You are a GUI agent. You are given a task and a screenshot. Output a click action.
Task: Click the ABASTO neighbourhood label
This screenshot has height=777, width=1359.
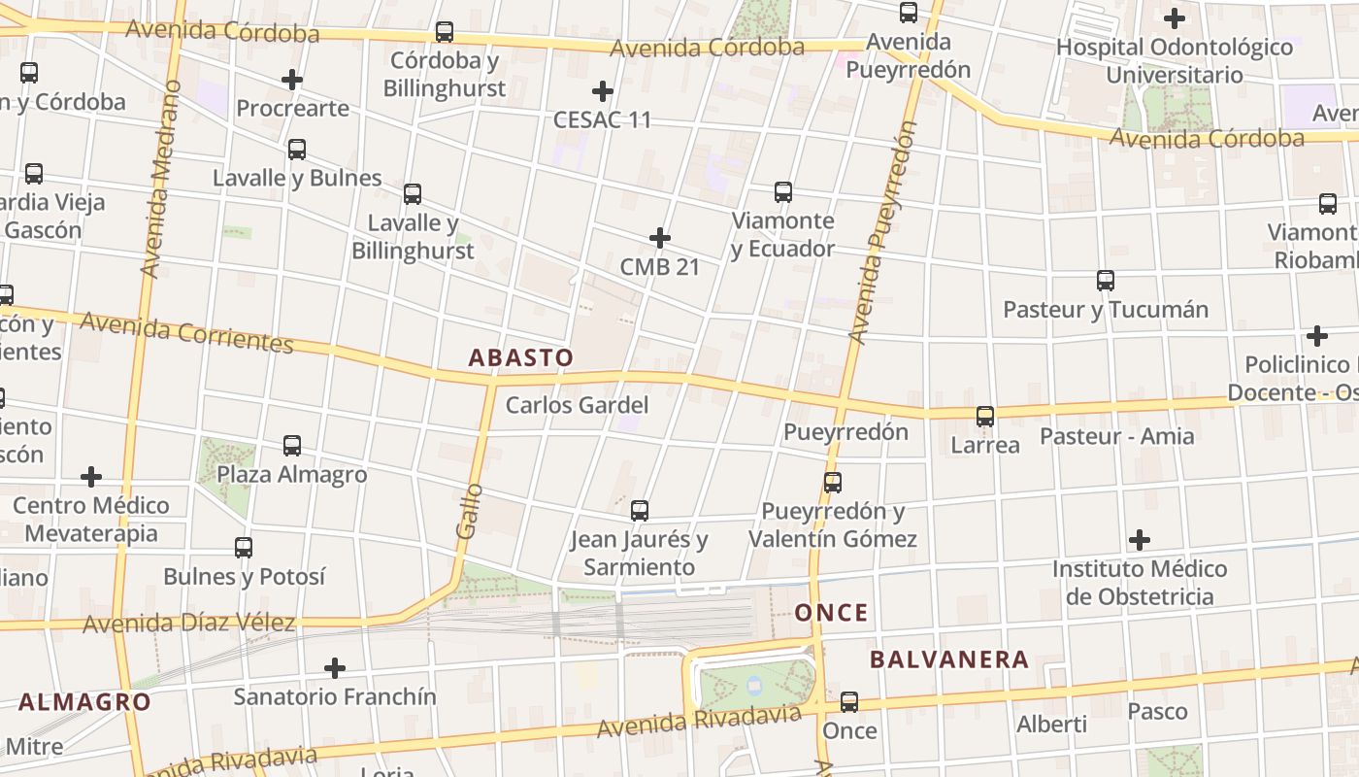pyautogui.click(x=521, y=357)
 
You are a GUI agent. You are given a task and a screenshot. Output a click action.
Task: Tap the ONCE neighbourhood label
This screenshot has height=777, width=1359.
pyautogui.click(x=832, y=613)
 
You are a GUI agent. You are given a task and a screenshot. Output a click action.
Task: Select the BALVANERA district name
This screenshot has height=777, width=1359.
pyautogui.click(x=948, y=660)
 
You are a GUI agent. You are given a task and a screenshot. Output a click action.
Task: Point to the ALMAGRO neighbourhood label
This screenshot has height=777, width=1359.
pyautogui.click(x=84, y=702)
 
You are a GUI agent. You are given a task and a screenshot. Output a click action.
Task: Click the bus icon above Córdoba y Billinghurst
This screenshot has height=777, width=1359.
pyautogui.click(x=445, y=32)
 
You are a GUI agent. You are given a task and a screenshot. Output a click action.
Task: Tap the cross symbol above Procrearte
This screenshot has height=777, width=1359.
pyautogui.click(x=292, y=80)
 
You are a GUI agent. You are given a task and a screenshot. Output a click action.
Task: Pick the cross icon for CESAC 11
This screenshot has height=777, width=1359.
pyautogui.click(x=603, y=92)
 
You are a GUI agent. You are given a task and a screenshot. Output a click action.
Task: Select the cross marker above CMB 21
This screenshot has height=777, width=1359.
pyautogui.click(x=660, y=238)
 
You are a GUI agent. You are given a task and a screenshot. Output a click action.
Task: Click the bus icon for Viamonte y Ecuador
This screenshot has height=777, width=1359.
pyautogui.click(x=783, y=192)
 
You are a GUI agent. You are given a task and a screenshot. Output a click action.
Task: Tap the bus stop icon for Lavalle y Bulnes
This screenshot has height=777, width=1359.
pyautogui.click(x=297, y=150)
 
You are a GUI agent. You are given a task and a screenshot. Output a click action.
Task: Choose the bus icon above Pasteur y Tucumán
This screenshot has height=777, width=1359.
pyautogui.click(x=1106, y=281)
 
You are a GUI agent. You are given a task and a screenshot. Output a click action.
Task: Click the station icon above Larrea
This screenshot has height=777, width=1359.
pyautogui.click(x=985, y=417)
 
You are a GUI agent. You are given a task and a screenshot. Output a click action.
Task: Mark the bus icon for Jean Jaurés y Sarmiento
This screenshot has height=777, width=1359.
pyautogui.click(x=640, y=511)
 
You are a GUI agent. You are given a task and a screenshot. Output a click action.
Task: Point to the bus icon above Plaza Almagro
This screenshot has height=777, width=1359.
pyautogui.click(x=292, y=446)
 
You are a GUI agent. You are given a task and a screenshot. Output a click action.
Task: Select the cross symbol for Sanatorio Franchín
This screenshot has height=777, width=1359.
pyautogui.click(x=335, y=668)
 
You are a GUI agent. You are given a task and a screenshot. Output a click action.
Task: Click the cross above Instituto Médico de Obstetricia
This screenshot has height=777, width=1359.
pyautogui.click(x=1140, y=540)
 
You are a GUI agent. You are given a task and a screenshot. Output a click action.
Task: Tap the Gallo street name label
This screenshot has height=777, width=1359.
pyautogui.click(x=469, y=512)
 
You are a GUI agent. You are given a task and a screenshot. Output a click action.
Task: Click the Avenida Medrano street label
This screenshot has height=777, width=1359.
pyautogui.click(x=161, y=180)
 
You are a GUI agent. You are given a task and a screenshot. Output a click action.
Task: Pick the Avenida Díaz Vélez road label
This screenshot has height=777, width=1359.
pyautogui.click(x=188, y=623)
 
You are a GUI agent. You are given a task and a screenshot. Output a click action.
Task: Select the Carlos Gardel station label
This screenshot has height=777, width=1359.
pyautogui.click(x=577, y=405)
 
